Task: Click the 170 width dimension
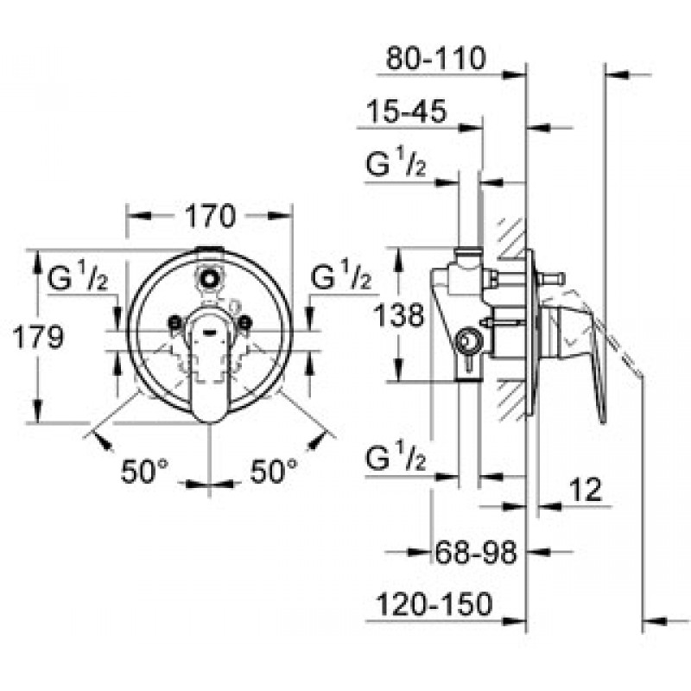click(210, 216)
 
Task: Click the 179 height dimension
click(38, 338)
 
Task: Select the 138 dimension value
click(399, 315)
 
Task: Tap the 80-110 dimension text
click(436, 58)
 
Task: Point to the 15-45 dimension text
click(407, 111)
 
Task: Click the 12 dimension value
click(586, 489)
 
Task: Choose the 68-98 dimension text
click(476, 552)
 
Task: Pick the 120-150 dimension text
click(434, 604)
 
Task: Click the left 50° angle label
click(144, 471)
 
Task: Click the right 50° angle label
click(274, 471)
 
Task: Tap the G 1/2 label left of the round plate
click(77, 276)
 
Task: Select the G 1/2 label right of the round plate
click(340, 275)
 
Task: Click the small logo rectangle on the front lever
click(209, 329)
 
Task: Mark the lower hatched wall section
click(512, 399)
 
